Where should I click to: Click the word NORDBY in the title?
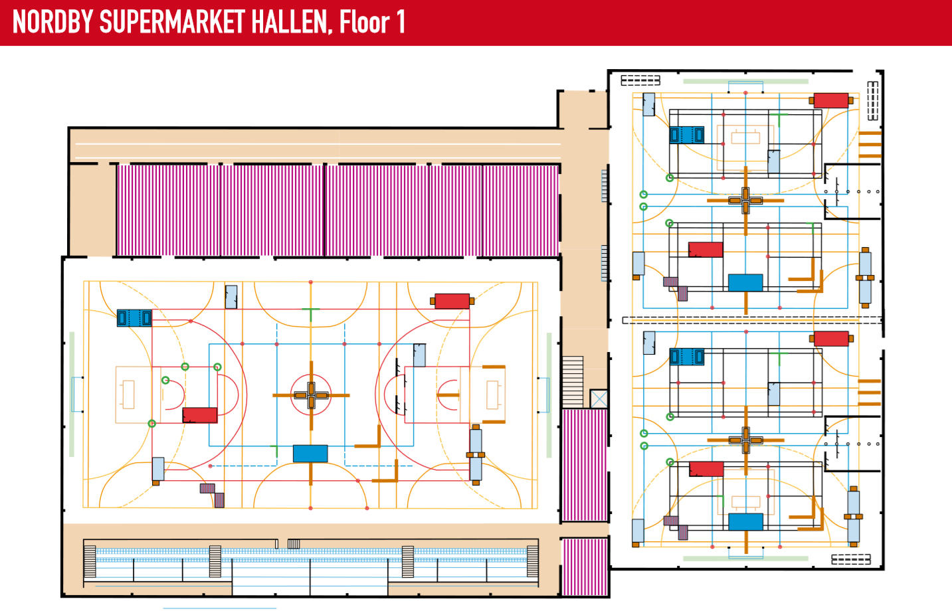(52, 23)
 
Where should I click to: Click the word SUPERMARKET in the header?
(172, 23)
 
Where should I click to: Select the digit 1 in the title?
(401, 23)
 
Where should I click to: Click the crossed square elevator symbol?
(599, 398)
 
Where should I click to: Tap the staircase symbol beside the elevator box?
(572, 381)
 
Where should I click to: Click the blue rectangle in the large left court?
(310, 454)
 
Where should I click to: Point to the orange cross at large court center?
(311, 395)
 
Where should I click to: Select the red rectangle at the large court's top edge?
(452, 301)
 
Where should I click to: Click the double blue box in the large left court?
(134, 318)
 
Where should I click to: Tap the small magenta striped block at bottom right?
(585, 567)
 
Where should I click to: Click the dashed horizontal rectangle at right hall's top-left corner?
(640, 80)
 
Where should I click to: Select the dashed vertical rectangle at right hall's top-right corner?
(873, 101)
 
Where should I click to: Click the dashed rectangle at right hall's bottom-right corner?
(851, 559)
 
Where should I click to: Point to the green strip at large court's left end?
(72, 394)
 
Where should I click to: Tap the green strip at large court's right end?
(549, 394)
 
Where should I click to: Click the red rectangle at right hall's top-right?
(831, 100)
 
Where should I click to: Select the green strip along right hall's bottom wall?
(745, 559)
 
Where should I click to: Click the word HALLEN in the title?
(290, 23)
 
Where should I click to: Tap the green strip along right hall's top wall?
(745, 82)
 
